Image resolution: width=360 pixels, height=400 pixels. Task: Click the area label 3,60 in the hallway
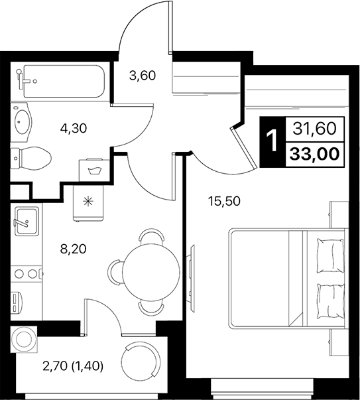click(142, 76)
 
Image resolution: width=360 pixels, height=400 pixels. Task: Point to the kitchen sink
click(26, 218)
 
